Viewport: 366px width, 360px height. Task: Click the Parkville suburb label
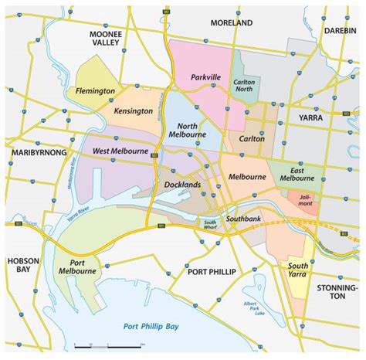pyautogui.click(x=206, y=78)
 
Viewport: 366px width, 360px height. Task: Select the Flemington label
pyautogui.click(x=95, y=90)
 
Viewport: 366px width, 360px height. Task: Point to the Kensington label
pyautogui.click(x=133, y=111)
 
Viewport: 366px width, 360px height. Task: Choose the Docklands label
pyautogui.click(x=182, y=185)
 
